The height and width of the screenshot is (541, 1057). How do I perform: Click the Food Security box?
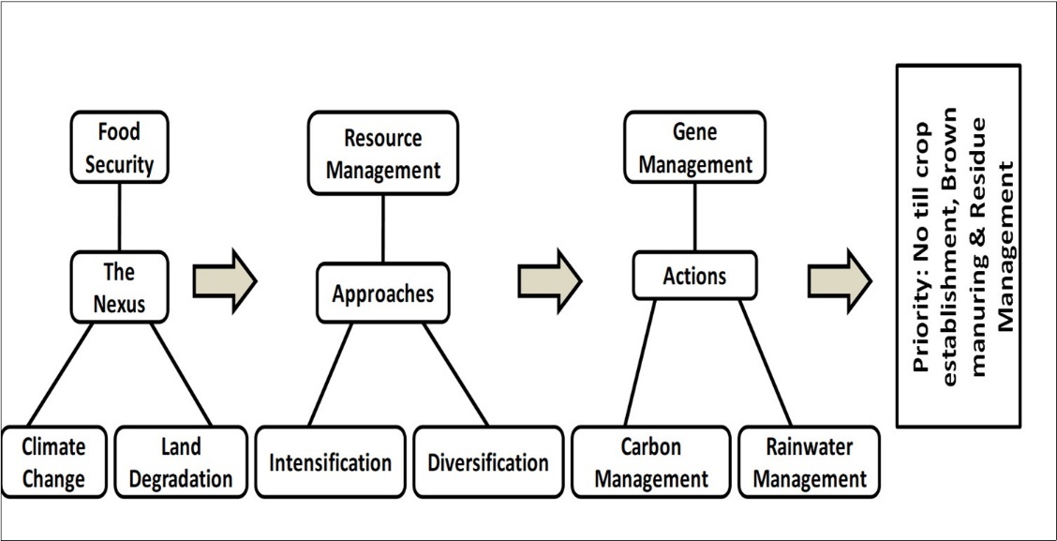point(119,148)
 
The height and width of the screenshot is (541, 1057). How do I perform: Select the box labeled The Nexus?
point(119,287)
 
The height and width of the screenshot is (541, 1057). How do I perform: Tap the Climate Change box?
point(53,462)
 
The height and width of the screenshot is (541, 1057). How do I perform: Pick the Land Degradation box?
point(181,462)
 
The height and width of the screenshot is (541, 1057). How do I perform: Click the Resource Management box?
point(382,153)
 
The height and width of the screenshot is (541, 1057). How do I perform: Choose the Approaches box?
point(382,293)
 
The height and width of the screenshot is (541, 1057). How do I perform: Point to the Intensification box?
point(330,462)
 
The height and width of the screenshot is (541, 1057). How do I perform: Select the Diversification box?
point(487,462)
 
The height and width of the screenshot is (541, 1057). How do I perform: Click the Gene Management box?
point(694,148)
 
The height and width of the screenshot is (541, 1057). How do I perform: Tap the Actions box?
point(694,277)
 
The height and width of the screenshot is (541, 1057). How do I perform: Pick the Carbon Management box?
point(651,462)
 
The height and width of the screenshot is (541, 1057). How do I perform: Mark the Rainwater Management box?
point(810,462)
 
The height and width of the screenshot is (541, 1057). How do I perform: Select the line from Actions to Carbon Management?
point(640,363)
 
